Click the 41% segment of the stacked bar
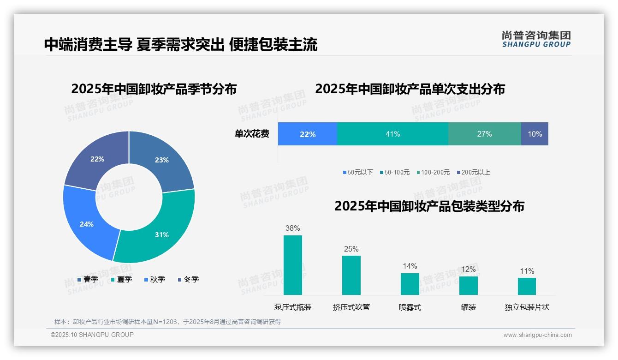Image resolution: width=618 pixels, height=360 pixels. tap(392, 134)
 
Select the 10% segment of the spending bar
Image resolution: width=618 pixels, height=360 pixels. tap(535, 134)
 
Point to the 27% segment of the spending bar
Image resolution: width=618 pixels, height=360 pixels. tap(484, 134)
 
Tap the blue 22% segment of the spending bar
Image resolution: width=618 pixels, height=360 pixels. tap(307, 134)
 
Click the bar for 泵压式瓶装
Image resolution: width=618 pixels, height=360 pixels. tap(292, 265)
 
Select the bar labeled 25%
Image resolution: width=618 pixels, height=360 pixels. tap(351, 275)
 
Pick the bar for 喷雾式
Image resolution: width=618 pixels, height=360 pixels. tap(410, 284)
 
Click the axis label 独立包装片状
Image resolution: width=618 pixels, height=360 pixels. tap(527, 307)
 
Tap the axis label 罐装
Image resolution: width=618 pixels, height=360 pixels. tap(468, 307)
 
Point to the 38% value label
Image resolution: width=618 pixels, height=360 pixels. tap(292, 228)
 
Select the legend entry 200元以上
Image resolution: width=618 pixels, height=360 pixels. tap(475, 172)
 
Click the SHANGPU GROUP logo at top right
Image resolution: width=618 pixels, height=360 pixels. tap(536, 39)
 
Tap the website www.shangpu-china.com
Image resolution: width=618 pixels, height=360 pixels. tap(537, 335)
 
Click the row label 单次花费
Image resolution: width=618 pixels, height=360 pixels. tap(252, 134)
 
